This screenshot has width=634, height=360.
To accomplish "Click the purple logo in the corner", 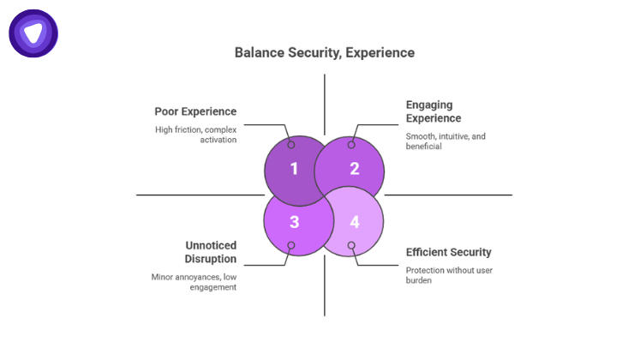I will [x=33, y=33].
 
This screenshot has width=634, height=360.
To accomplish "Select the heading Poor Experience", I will [x=195, y=111].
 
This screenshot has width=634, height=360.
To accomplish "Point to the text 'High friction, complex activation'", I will [x=195, y=135].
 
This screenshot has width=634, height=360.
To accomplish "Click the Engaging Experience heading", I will [x=433, y=111].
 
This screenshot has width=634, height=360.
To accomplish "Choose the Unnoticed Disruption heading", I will [x=211, y=252].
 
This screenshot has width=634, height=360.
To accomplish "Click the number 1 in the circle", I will [x=294, y=169].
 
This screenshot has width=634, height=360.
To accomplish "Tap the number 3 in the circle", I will [x=294, y=223].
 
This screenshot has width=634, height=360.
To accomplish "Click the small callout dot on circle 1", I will [x=291, y=144].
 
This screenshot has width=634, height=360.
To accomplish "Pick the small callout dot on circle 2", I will [x=351, y=144].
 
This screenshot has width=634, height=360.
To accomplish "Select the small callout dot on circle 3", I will [x=291, y=246].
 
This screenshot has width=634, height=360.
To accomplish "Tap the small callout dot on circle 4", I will [x=351, y=246].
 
